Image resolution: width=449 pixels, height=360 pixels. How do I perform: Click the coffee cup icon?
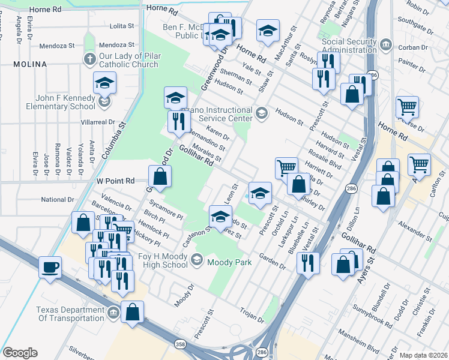pyautogui.click(x=50, y=266)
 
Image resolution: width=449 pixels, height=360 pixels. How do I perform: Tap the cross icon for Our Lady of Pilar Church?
pyautogui.click(x=89, y=59)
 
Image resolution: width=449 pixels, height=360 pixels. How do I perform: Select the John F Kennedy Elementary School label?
pyautogui.click(x=61, y=102)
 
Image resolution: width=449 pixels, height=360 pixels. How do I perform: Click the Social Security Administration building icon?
pyautogui.click(x=386, y=46)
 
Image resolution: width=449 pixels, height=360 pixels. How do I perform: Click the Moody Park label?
pyautogui.click(x=226, y=262)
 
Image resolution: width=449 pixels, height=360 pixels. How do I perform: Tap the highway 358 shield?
pyautogui.click(x=179, y=344)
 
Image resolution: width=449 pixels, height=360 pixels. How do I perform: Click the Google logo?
pyautogui.click(x=20, y=352)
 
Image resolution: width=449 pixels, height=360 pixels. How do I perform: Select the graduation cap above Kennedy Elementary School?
pyautogui.click(x=105, y=83)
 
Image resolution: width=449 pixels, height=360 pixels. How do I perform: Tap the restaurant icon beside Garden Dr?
pyautogui.click(x=308, y=262)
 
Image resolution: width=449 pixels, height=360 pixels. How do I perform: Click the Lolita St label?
pyautogui.click(x=122, y=26)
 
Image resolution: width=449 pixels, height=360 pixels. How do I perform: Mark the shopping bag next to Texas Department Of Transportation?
pyautogui.click(x=133, y=311)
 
